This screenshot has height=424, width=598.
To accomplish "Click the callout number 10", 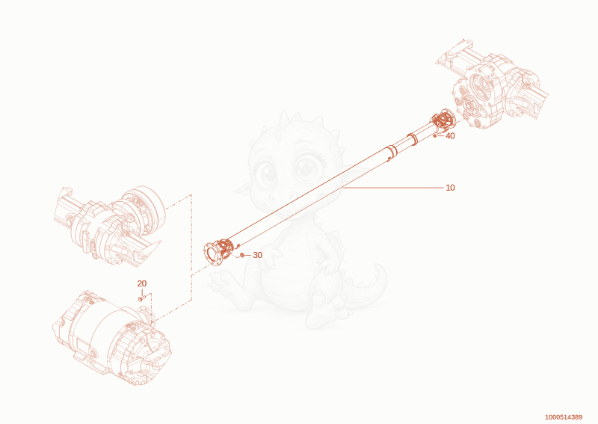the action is tap(450, 188).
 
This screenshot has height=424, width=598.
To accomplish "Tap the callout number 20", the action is tap(142, 283).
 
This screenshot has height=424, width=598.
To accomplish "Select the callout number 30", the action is tap(257, 255).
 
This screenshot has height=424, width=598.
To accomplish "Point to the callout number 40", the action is tap(450, 136).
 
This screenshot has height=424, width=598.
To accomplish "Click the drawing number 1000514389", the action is tap(564, 417).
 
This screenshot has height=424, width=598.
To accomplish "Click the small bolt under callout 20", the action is tap(141, 298).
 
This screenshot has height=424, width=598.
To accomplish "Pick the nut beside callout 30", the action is tap(241, 254).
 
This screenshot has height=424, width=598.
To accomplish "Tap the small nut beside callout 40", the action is tap(435, 135).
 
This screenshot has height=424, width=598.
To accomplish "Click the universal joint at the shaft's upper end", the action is tap(443, 120).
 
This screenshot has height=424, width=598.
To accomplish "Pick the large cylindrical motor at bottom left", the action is tap(113, 338).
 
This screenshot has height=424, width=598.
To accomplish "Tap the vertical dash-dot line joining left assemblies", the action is tap(191, 248).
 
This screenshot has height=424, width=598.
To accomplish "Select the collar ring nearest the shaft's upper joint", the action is tap(412, 139).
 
